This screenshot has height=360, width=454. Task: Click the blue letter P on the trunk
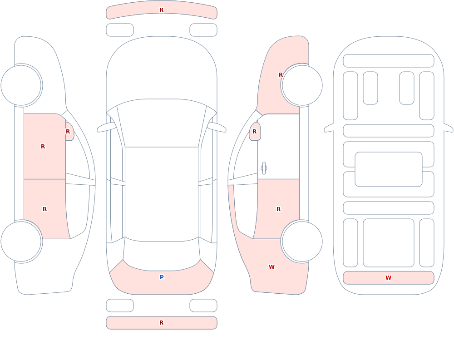click(x=162, y=277)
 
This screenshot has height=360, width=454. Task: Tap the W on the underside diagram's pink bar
click(x=388, y=277)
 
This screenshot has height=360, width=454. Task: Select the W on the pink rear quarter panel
click(x=271, y=267)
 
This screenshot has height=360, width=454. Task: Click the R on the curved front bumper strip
click(x=161, y=10)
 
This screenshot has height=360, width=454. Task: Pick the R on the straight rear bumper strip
click(x=161, y=323)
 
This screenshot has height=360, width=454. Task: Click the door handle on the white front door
click(x=264, y=168)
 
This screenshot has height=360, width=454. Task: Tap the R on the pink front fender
click(x=281, y=75)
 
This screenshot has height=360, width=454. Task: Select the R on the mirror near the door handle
click(x=255, y=132)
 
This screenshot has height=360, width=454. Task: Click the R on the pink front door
click(x=43, y=147)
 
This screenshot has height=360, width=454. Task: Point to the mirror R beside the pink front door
click(x=68, y=132)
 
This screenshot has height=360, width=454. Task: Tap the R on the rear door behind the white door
click(x=279, y=209)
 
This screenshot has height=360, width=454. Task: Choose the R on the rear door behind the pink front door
click(x=44, y=209)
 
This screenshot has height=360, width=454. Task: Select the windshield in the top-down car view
click(x=162, y=123)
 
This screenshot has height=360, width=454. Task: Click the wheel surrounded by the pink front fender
click(x=302, y=85)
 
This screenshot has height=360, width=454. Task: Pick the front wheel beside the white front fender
click(x=21, y=85)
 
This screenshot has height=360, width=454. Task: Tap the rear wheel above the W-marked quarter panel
click(x=302, y=241)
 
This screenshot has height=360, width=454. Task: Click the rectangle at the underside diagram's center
click(x=389, y=169)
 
